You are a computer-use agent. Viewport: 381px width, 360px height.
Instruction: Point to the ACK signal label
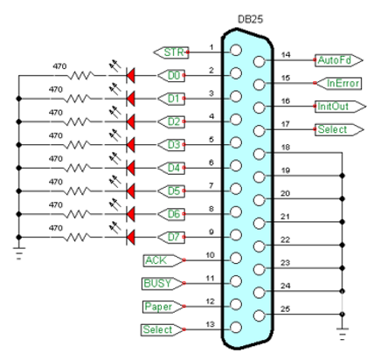pyautogui.click(x=161, y=260)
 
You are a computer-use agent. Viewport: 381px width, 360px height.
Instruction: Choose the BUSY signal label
pyautogui.click(x=162, y=282)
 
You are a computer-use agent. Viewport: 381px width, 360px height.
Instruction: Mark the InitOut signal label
pyautogui.click(x=336, y=107)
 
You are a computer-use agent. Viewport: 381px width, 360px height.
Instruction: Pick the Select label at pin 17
pyautogui.click(x=336, y=129)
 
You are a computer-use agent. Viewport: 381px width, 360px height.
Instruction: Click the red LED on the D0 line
pyautogui.click(x=132, y=76)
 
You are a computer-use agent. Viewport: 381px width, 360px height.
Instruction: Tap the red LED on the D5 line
pyautogui.click(x=132, y=190)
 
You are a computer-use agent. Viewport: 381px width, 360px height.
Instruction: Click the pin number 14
pyautogui.click(x=287, y=54)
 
